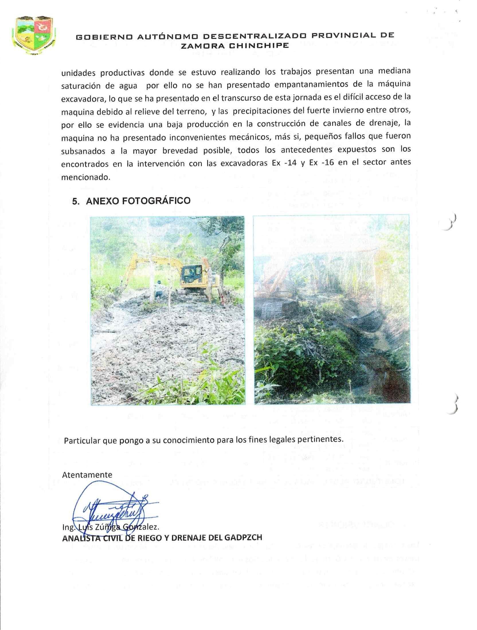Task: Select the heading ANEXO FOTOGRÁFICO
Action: [x=138, y=201]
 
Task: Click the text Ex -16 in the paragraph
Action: [x=321, y=162]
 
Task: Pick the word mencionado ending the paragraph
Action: [x=85, y=177]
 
